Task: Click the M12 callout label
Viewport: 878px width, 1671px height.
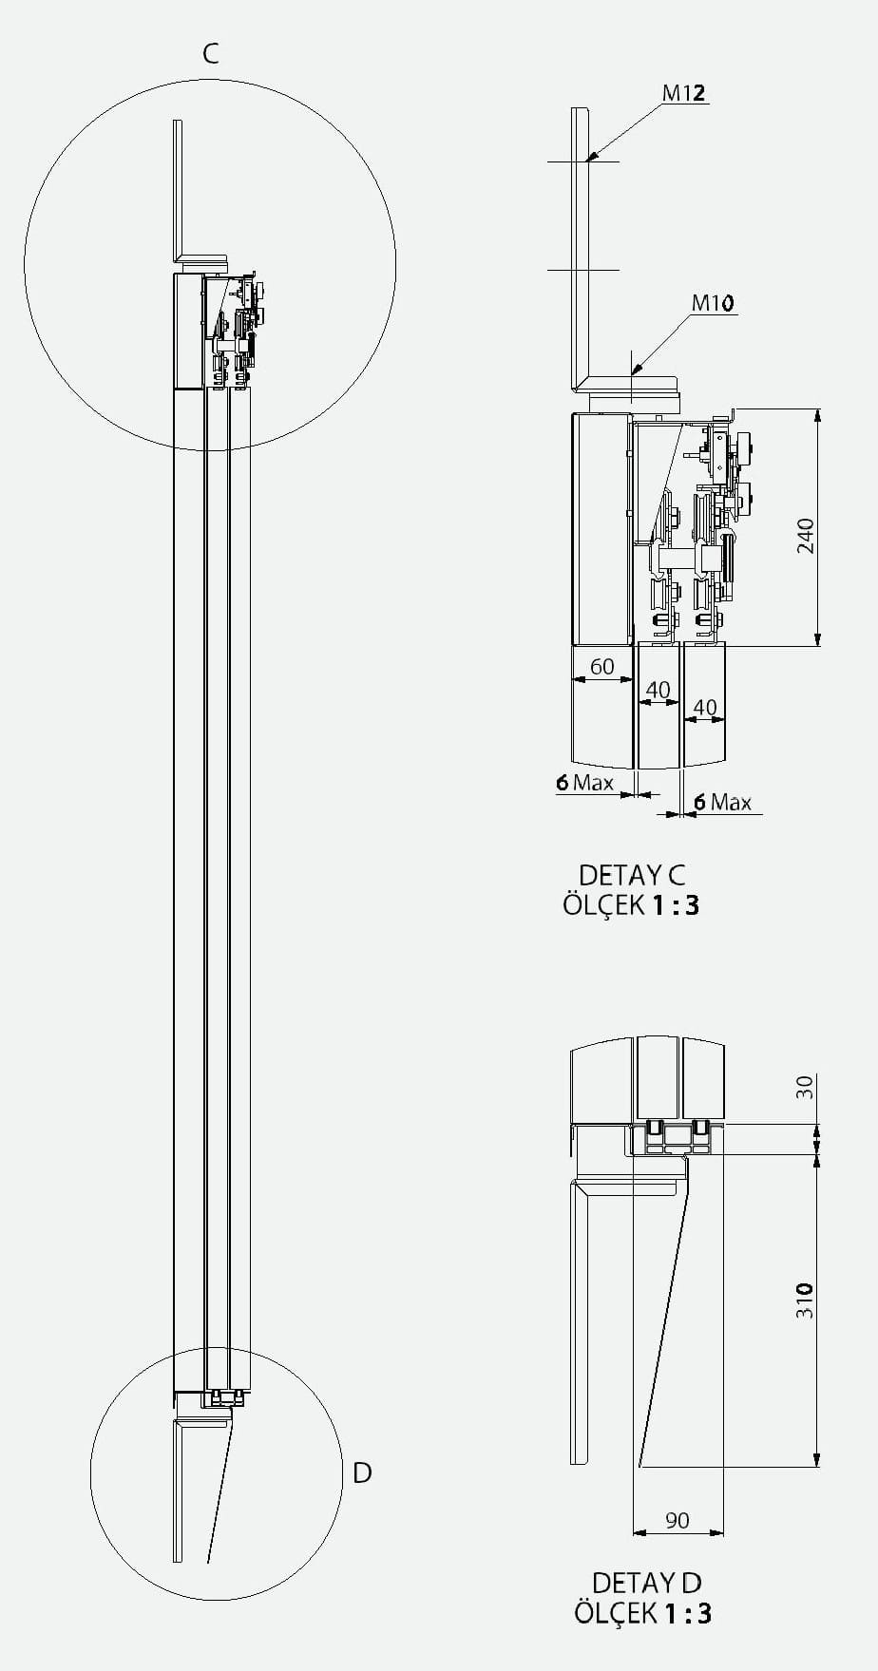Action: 684,92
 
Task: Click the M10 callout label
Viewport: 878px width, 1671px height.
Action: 713,303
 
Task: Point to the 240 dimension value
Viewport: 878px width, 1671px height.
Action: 806,536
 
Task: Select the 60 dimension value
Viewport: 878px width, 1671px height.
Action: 602,667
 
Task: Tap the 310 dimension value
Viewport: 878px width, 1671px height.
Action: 805,1300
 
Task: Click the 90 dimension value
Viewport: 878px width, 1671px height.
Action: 678,1520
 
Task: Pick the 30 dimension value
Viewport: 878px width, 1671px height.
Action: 805,1087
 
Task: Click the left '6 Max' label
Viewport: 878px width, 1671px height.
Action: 585,783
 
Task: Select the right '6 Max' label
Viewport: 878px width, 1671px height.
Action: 722,802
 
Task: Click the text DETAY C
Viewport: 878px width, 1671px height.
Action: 632,874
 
